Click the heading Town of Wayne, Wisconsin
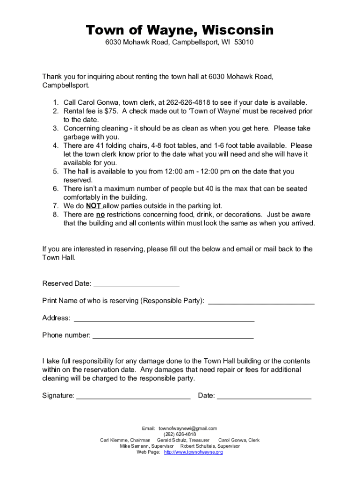180,31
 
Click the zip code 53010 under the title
245,43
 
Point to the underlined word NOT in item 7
94,206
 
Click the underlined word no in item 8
100,215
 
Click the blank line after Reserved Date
137,284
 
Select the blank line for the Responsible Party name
261,301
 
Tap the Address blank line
164,319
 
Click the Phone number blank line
173,335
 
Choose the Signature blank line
133,396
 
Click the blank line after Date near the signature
264,396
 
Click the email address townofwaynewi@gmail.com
188,428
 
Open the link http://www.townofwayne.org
194,452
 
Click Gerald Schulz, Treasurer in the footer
183,440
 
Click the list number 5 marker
55,172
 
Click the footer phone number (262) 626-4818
180,434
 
